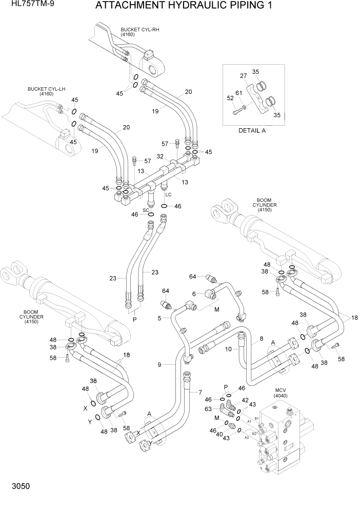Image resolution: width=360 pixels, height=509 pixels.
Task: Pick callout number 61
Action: pyautogui.click(x=239, y=93)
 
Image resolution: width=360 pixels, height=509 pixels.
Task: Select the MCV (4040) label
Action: pyautogui.click(x=280, y=392)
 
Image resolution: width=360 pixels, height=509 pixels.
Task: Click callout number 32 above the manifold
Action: pyautogui.click(x=160, y=156)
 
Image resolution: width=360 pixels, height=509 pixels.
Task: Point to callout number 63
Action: pyautogui.click(x=208, y=409)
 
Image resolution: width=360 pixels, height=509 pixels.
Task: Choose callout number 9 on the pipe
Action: pyautogui.click(x=159, y=365)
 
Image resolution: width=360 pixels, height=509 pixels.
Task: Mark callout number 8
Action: pyautogui.click(x=261, y=339)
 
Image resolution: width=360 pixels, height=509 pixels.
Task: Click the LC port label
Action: pyautogui.click(x=168, y=195)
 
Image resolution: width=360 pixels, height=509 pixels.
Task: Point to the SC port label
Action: pyautogui.click(x=146, y=210)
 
